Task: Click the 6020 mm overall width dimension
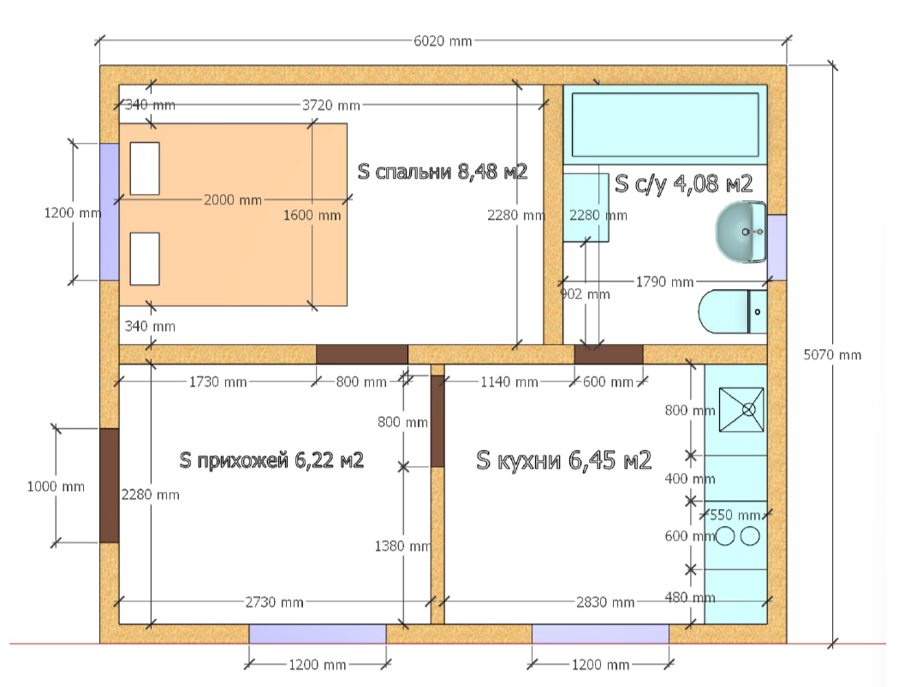click(x=443, y=41)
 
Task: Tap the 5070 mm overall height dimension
click(x=832, y=355)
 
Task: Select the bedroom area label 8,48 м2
click(x=443, y=172)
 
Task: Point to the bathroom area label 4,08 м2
click(x=683, y=184)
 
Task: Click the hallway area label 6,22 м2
click(x=271, y=460)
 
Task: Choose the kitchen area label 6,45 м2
click(x=564, y=460)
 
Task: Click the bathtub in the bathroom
click(x=665, y=125)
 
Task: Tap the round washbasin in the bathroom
click(x=741, y=232)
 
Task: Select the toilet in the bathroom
click(x=733, y=311)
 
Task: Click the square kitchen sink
click(x=741, y=410)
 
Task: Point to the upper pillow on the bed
click(x=145, y=169)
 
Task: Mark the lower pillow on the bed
click(x=145, y=258)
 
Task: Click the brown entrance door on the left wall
click(x=110, y=486)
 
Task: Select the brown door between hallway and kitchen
click(x=437, y=421)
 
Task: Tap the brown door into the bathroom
click(x=608, y=354)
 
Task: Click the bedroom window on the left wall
click(x=110, y=212)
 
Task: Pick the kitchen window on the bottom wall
click(x=600, y=634)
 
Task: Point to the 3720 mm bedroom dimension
click(x=330, y=105)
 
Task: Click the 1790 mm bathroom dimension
click(x=664, y=282)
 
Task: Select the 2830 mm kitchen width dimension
click(x=605, y=601)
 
